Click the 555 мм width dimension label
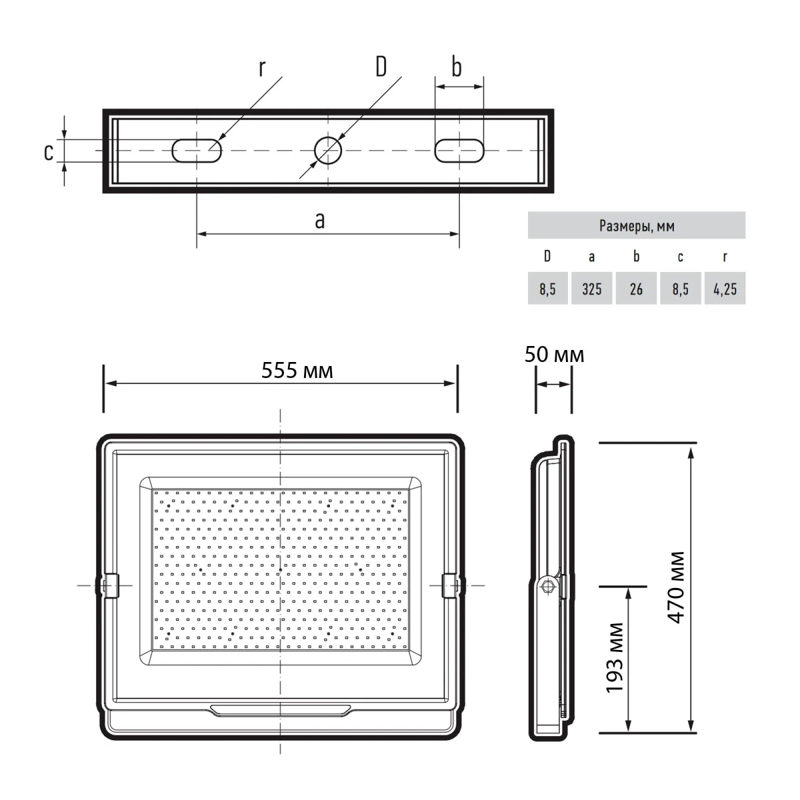pyautogui.click(x=297, y=370)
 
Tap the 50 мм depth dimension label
pyautogui.click(x=554, y=355)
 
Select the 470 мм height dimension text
pyautogui.click(x=676, y=587)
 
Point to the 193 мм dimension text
pyautogui.click(x=615, y=657)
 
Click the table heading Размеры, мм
pyautogui.click(x=637, y=226)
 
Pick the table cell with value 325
pyautogui.click(x=591, y=289)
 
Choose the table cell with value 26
pyautogui.click(x=636, y=289)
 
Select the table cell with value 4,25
pyautogui.click(x=725, y=289)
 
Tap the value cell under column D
pyautogui.click(x=547, y=289)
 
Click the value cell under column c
pyautogui.click(x=681, y=289)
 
